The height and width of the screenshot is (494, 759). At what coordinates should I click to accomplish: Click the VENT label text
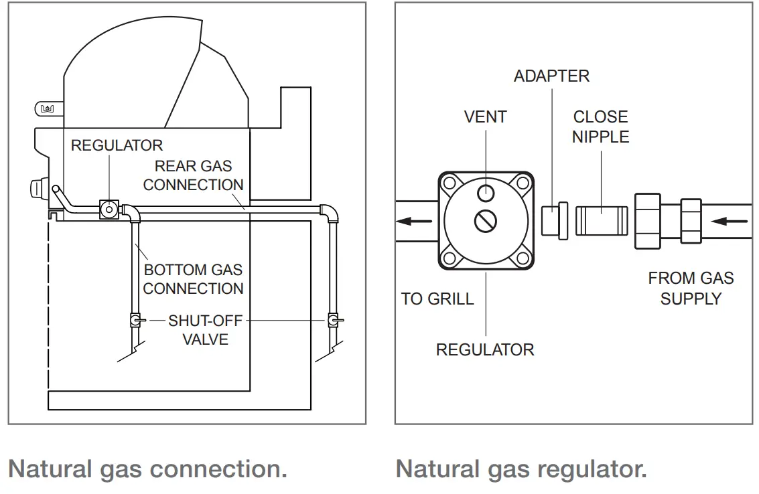pyautogui.click(x=485, y=117)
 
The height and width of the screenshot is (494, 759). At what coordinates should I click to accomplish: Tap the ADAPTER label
pyautogui.click(x=551, y=76)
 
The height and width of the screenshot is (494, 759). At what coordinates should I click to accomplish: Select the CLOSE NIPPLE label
pyautogui.click(x=601, y=127)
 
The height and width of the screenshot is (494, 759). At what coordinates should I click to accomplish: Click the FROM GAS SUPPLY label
pyautogui.click(x=691, y=288)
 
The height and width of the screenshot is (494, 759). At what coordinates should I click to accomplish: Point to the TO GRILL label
pyautogui.click(x=437, y=299)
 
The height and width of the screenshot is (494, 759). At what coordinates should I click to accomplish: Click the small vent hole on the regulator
pyautogui.click(x=486, y=193)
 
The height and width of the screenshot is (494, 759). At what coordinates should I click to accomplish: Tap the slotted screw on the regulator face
pyautogui.click(x=486, y=220)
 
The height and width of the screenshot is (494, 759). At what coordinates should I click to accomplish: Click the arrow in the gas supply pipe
pyautogui.click(x=728, y=220)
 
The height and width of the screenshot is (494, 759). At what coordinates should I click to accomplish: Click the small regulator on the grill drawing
pyautogui.click(x=107, y=210)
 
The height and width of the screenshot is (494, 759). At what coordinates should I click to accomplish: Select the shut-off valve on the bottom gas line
pyautogui.click(x=136, y=321)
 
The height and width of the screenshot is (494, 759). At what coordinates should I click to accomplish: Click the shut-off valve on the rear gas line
pyautogui.click(x=333, y=321)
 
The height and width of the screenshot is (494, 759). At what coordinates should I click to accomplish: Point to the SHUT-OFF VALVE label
pyautogui.click(x=205, y=330)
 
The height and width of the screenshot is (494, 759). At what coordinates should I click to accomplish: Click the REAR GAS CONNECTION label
pyautogui.click(x=193, y=175)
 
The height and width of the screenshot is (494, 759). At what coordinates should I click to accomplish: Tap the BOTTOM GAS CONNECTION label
pyautogui.click(x=193, y=279)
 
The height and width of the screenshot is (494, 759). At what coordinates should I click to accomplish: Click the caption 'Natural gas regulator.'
pyautogui.click(x=521, y=469)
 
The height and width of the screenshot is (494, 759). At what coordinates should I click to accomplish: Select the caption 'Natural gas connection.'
pyautogui.click(x=147, y=469)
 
